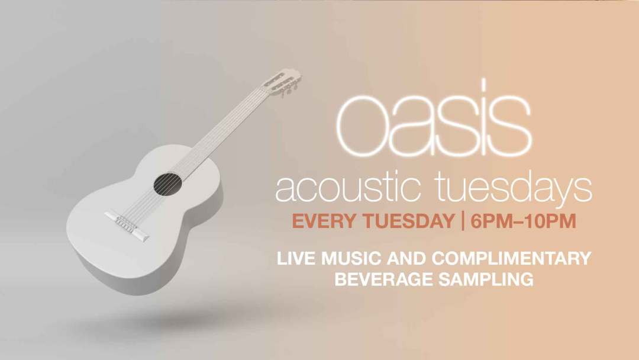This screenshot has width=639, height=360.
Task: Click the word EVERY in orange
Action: click(319, 223)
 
